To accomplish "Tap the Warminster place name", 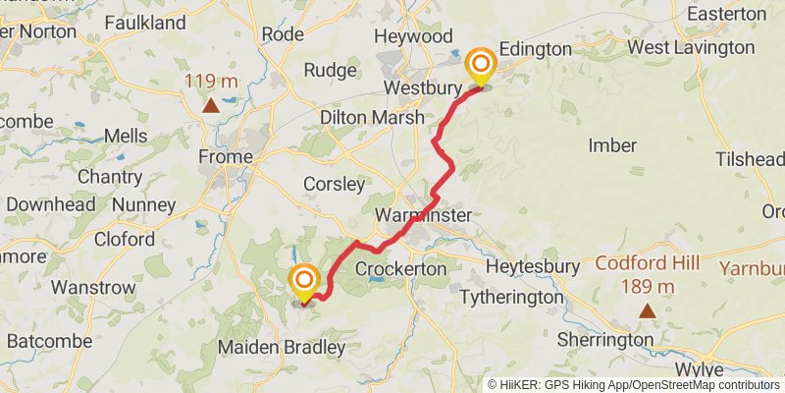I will point(423,215).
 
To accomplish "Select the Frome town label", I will point(225,156).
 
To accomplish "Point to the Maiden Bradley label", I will point(282,347).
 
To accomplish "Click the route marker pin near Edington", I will point(481,66).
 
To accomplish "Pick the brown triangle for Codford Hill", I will point(647,311).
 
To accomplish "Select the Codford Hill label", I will point(647,263).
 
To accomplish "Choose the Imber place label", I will point(612,145).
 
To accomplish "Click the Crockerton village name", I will point(400,268).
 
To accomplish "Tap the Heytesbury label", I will point(528,267).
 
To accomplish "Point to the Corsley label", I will point(334,184).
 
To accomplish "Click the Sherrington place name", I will point(605,339).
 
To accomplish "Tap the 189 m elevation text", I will point(647,286).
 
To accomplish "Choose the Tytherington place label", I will point(512,296).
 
